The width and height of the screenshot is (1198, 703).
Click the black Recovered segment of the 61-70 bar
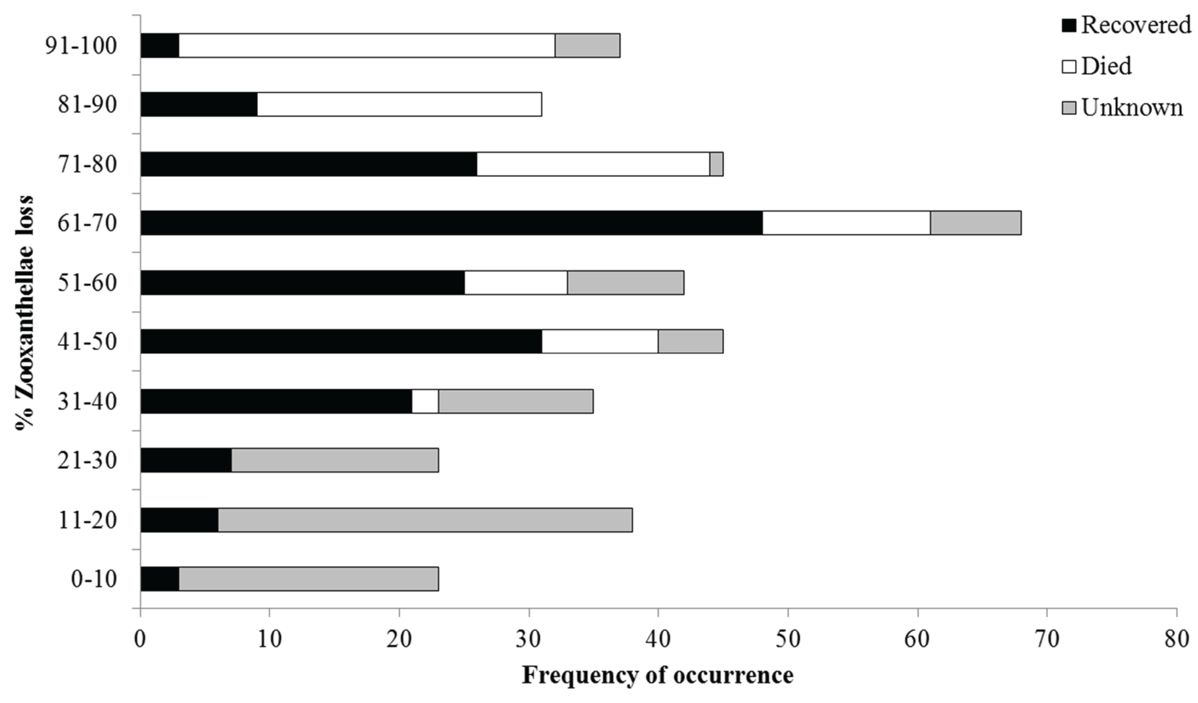tap(452, 223)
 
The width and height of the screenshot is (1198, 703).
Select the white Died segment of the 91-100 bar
tap(367, 46)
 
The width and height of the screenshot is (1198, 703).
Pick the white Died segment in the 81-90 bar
tap(399, 104)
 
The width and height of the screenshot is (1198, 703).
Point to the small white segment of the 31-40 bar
tap(425, 401)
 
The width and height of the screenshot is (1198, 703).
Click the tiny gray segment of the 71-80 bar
tap(716, 164)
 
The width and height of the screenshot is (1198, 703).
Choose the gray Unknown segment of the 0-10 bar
tap(308, 579)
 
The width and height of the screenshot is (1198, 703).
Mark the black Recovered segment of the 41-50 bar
tap(341, 341)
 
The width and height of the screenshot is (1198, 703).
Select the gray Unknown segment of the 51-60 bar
tap(625, 283)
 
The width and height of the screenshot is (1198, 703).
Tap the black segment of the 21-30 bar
tap(186, 460)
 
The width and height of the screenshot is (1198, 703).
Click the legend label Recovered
tap(1136, 25)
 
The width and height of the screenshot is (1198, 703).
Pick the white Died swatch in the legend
tap(1069, 66)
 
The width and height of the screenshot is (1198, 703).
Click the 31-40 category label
tap(87, 401)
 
